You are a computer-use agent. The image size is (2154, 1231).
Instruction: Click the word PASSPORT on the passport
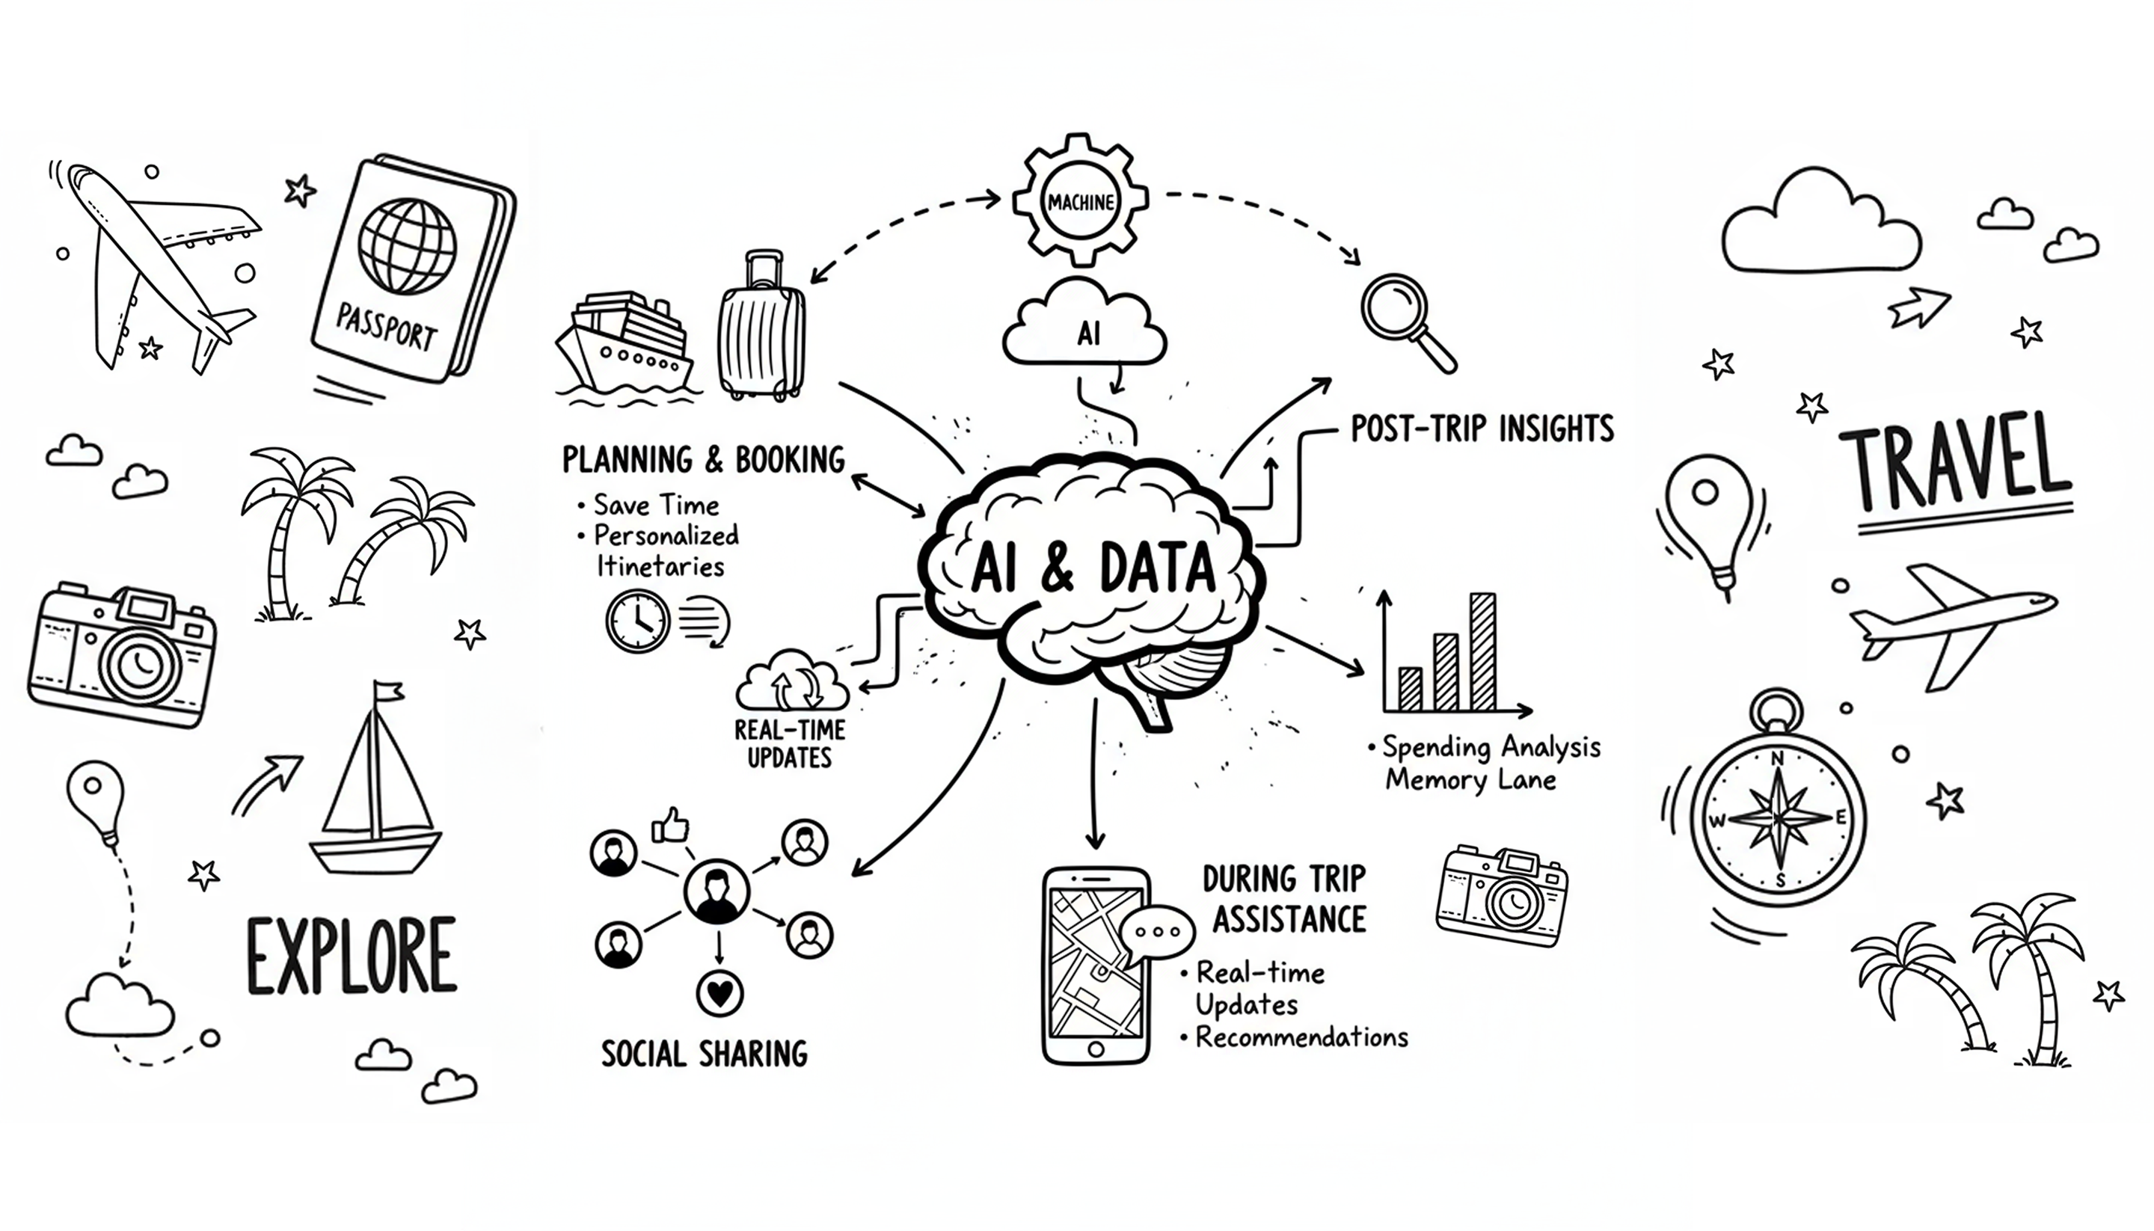(387, 328)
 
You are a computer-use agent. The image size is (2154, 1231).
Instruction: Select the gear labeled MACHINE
(1081, 201)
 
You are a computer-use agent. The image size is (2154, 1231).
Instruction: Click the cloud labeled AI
(1085, 330)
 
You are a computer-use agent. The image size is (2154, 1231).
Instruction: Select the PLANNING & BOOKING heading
(703, 460)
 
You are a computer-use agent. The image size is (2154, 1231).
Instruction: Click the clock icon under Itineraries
(637, 621)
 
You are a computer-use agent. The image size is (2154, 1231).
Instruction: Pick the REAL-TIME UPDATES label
(790, 743)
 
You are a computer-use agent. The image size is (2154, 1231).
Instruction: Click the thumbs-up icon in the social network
(670, 825)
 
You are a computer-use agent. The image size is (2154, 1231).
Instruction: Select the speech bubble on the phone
(1157, 931)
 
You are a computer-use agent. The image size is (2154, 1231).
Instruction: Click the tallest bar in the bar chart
(1482, 651)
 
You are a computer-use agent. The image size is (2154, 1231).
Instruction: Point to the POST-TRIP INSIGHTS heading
(1482, 429)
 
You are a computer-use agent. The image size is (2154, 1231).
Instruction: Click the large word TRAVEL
(1955, 465)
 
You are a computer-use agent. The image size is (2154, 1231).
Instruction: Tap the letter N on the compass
(1777, 758)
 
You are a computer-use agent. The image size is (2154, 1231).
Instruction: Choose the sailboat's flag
(390, 692)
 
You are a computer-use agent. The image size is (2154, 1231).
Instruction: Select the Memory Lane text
(1470, 779)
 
